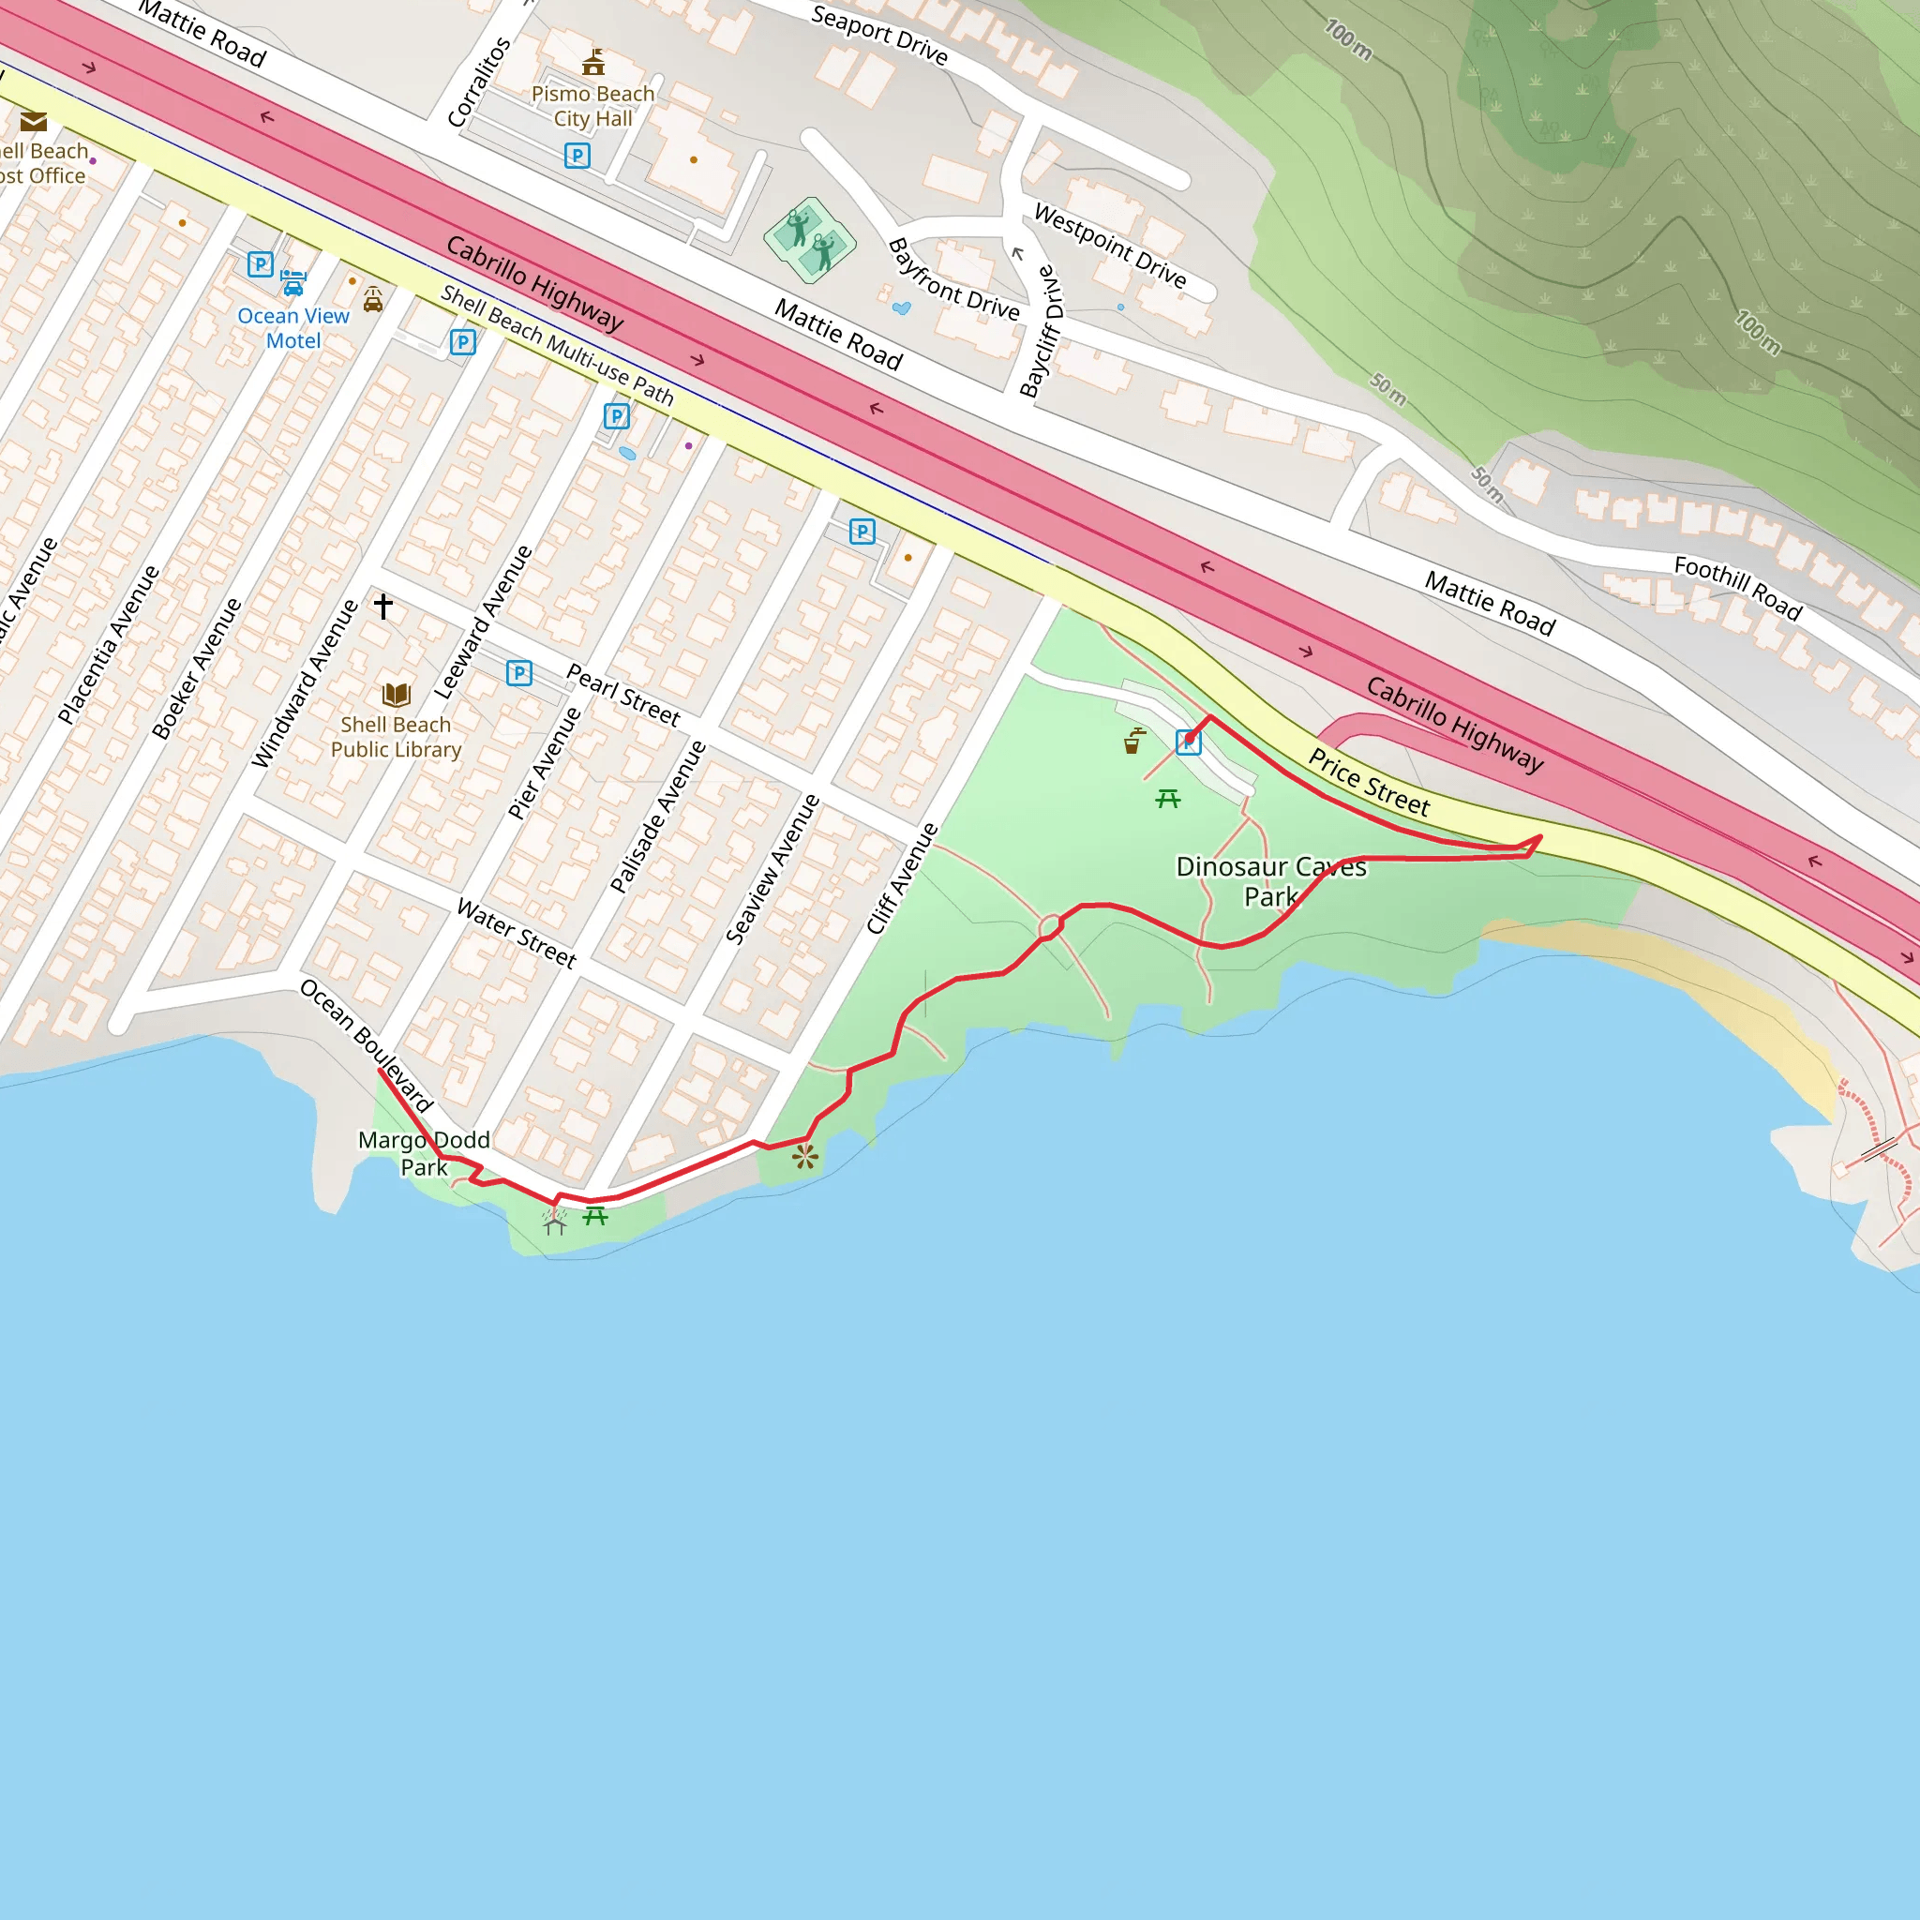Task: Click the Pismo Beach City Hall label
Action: pyautogui.click(x=592, y=106)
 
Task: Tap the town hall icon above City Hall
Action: pyautogui.click(x=593, y=63)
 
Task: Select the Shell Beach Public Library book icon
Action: pyautogui.click(x=396, y=695)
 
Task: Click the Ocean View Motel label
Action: pyautogui.click(x=293, y=328)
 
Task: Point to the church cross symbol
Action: pyautogui.click(x=383, y=606)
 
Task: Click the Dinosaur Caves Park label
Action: pyautogui.click(x=1271, y=881)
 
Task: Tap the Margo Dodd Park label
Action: pyautogui.click(x=425, y=1153)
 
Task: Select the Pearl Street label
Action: pyautogui.click(x=623, y=695)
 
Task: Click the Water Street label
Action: pyautogui.click(x=516, y=932)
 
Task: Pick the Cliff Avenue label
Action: pyautogui.click(x=901, y=878)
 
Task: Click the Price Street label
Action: pyautogui.click(x=1369, y=782)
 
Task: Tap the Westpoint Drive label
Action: pyautogui.click(x=1110, y=246)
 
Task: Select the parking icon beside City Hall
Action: pyautogui.click(x=577, y=155)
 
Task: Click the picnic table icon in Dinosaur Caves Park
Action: pyautogui.click(x=1168, y=798)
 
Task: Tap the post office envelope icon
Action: pyautogui.click(x=34, y=122)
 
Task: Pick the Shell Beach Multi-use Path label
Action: pyautogui.click(x=557, y=345)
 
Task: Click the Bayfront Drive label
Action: pyautogui.click(x=953, y=280)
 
